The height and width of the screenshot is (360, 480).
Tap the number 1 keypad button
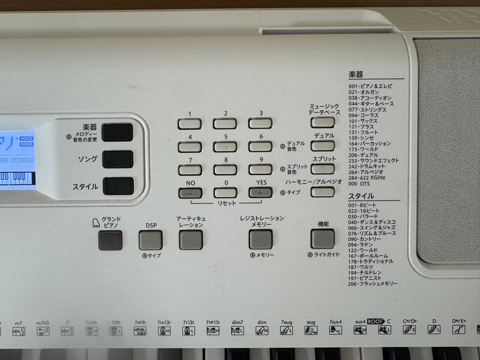click(x=189, y=124)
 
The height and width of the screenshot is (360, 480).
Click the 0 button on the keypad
click(x=225, y=192)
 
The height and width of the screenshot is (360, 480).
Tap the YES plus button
click(x=260, y=192)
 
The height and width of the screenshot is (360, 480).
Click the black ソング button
click(x=118, y=159)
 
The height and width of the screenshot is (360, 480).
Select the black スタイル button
click(x=118, y=186)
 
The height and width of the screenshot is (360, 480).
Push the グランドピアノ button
click(x=110, y=240)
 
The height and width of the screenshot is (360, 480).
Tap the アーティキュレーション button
click(x=191, y=240)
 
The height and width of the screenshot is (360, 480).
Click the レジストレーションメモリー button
click(x=260, y=240)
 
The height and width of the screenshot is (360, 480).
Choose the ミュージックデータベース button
click(x=323, y=122)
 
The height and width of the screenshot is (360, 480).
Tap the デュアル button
click(x=323, y=146)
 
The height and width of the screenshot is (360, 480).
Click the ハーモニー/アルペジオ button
click(x=323, y=192)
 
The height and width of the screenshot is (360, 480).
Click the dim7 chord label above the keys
click(x=237, y=322)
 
